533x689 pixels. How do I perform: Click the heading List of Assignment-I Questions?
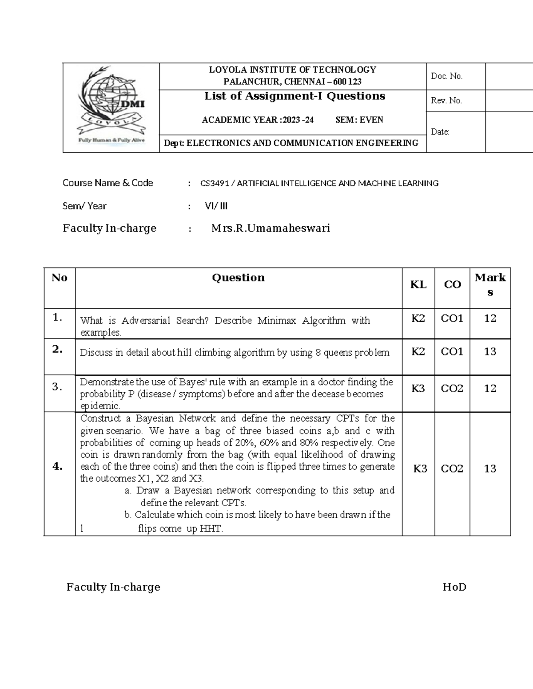coord(294,96)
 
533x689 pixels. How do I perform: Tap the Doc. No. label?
coord(446,76)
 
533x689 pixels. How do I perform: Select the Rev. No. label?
coord(446,101)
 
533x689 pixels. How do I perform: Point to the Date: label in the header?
coord(440,132)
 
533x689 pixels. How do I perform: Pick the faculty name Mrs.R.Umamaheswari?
coord(270,228)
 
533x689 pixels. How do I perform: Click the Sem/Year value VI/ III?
coord(216,206)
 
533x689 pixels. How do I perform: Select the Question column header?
coord(238,278)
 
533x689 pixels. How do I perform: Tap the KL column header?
coord(418,285)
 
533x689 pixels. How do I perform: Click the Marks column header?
coord(490,284)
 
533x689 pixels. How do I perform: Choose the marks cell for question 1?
coord(490,319)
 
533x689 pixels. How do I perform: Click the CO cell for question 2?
coord(452,352)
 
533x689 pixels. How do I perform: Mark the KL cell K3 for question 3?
coord(418,389)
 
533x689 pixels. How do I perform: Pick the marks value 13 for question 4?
coord(490,469)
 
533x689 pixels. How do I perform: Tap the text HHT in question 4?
coord(211,529)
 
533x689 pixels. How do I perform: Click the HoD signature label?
coord(454,587)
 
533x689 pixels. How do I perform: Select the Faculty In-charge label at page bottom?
coord(113,587)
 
